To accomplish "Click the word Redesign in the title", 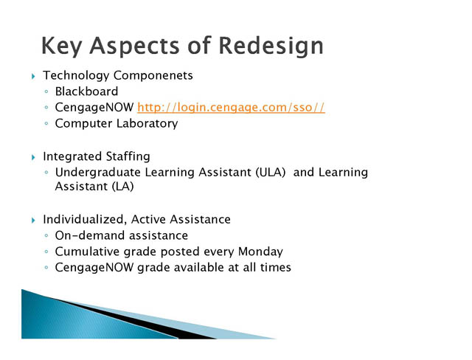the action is tap(271, 46).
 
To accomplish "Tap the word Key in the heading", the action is tap(62, 46).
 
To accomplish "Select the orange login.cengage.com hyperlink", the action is tap(231, 108).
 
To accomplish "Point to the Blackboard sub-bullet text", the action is tap(86, 91).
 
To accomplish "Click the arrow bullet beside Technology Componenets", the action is tap(33, 76).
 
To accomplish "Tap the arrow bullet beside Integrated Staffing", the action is tap(33, 157).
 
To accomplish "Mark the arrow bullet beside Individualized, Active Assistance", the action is tap(33, 221).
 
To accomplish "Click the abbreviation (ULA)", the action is tap(271, 173).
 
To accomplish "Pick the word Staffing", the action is tap(128, 156).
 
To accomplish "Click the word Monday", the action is tap(260, 252).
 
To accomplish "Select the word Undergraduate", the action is tap(98, 173).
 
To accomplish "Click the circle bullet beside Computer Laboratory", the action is tap(46, 123).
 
